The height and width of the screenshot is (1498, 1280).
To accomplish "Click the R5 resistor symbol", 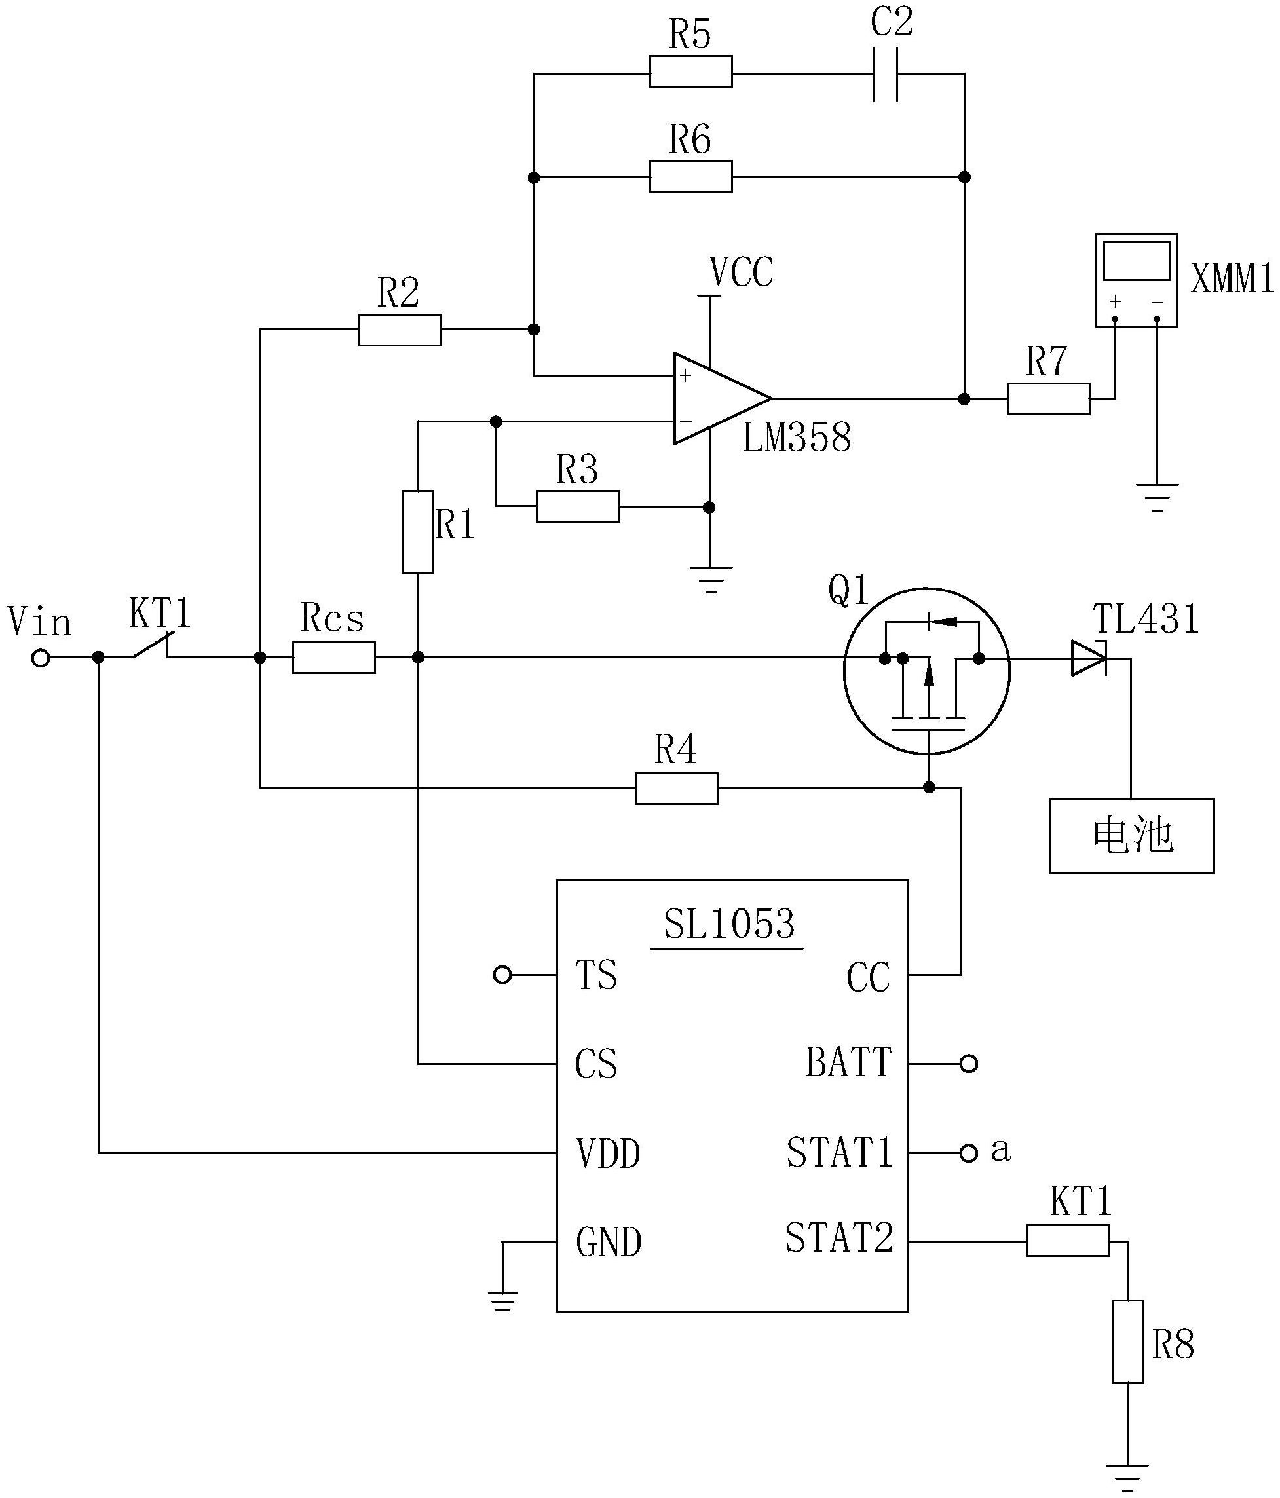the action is coord(690,71).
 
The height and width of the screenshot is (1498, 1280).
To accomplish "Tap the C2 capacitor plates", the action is coord(886,75).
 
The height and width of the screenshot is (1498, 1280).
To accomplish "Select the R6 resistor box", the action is coord(690,176).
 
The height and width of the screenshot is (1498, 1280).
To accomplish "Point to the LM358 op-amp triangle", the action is coord(722,398).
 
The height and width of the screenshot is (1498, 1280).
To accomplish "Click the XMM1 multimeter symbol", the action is coord(1136,280).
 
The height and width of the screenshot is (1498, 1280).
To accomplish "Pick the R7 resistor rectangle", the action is coord(1048,398).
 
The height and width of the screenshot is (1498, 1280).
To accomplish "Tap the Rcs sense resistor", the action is coord(333,657).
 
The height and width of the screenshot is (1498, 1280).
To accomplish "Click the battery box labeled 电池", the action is coord(1131,836).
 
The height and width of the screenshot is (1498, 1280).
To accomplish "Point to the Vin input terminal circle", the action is coord(41,658).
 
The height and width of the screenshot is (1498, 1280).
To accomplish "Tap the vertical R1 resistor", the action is coord(417,531).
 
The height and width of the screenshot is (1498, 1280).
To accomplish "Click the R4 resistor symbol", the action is coord(676,788).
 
